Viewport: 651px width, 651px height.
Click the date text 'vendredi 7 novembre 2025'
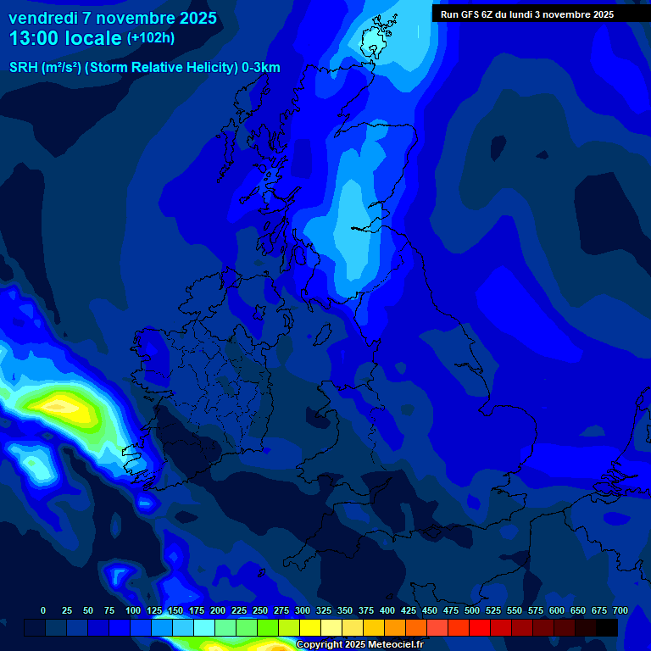pos(113,18)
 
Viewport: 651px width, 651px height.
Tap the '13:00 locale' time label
pos(65,38)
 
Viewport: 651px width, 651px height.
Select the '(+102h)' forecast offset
pos(151,38)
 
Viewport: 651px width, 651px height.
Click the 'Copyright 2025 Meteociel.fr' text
pos(360,644)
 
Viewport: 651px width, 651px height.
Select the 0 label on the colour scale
pos(43,610)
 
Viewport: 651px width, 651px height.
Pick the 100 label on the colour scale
pos(133,610)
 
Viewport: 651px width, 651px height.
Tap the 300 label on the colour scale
pos(303,610)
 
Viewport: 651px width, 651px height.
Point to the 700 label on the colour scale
pos(620,610)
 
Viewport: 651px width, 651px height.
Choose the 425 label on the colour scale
pos(409,610)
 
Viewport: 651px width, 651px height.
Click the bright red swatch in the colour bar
pos(480,627)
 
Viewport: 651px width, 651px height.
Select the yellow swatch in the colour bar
pos(310,627)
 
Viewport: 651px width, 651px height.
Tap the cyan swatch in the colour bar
pos(183,627)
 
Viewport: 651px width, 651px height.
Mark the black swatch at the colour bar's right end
pos(607,627)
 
